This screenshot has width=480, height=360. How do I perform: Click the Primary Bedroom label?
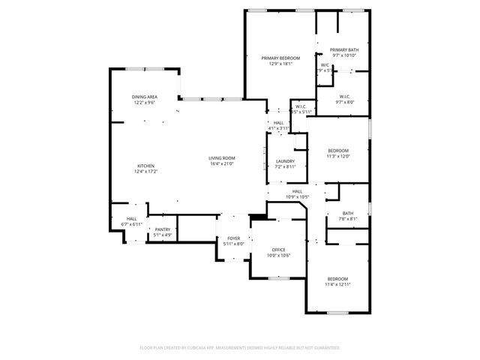280,58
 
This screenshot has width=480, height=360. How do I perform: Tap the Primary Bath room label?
344,49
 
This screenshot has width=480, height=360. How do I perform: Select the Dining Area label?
145,97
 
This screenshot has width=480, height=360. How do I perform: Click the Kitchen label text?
145,166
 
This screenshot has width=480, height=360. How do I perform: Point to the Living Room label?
222,158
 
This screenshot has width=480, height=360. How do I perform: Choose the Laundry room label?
284,161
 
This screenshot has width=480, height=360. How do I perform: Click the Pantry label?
163,230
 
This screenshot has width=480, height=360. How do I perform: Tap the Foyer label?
234,238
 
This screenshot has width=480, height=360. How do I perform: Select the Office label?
278,250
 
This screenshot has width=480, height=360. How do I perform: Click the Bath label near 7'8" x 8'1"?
348,213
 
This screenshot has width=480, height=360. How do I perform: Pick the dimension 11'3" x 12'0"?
337,157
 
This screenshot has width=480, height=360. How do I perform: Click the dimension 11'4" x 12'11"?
337,284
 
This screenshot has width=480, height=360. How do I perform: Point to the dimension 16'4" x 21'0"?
222,164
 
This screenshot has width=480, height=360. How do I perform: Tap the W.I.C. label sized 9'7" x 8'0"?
345,96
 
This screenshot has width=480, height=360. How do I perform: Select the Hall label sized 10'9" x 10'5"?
297,191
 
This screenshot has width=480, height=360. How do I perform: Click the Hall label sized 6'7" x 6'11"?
132,219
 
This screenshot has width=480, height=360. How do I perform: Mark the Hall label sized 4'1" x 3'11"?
278,123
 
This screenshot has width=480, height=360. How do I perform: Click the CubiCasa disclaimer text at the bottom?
240,347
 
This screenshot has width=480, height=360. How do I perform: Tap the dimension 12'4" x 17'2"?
145,172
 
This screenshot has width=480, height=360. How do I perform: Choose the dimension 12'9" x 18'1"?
280,64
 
